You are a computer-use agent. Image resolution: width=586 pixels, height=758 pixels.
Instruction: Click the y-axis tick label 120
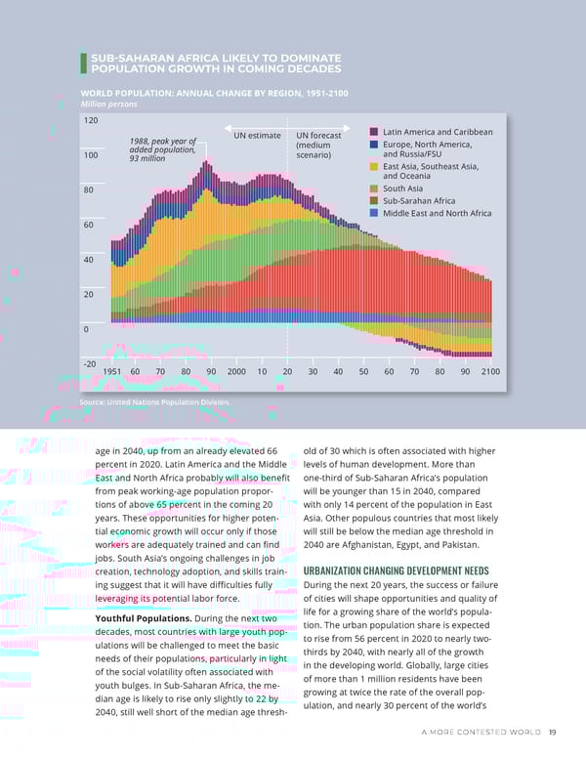click(x=91, y=120)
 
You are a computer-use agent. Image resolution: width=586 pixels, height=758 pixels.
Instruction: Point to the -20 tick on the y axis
click(x=89, y=363)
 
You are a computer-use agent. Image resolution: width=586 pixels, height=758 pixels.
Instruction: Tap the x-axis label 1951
click(x=112, y=372)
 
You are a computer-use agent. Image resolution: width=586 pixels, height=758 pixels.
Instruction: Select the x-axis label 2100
click(x=489, y=372)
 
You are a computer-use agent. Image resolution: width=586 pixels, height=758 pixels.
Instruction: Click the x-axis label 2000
click(x=235, y=372)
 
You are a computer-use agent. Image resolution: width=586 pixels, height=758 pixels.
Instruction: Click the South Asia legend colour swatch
click(x=374, y=189)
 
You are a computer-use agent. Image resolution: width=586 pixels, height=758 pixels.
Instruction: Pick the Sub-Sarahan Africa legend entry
click(x=420, y=201)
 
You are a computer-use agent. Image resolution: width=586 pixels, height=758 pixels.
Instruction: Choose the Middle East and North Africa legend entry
click(x=437, y=213)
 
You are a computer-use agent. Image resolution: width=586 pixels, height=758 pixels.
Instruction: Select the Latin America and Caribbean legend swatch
click(x=374, y=132)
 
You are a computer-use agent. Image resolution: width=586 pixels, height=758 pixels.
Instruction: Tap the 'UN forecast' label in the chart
click(x=318, y=136)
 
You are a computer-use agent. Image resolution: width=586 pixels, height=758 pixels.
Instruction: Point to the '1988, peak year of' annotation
click(x=162, y=141)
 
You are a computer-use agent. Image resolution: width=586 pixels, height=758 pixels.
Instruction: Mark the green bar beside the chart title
click(x=84, y=63)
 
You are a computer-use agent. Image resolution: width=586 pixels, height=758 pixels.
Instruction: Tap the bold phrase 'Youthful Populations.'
click(x=143, y=618)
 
